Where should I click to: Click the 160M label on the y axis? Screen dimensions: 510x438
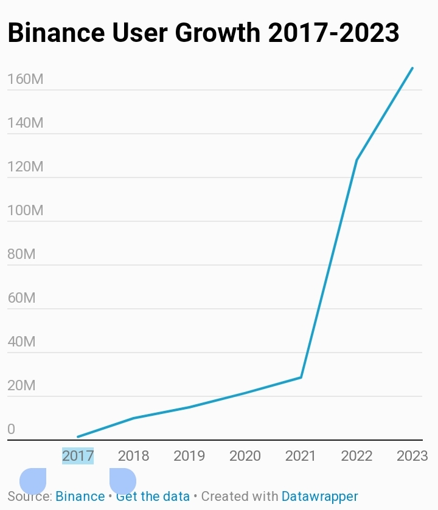25,79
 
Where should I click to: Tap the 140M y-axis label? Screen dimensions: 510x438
25,123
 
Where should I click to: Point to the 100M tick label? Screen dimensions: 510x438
25,210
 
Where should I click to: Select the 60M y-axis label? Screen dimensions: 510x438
21,298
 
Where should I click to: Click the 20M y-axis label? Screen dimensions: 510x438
21,385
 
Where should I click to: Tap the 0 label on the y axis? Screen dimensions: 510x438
11,429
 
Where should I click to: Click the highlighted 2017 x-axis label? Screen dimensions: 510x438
78,455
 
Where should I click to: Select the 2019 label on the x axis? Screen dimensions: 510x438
189,455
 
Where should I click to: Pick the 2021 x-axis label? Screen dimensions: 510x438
301,455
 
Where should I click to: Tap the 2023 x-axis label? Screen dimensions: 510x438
412,455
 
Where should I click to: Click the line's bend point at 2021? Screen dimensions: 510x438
301,377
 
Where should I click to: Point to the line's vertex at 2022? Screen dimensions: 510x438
356,160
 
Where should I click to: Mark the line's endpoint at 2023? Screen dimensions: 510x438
412,68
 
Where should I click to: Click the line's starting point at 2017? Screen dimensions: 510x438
78,436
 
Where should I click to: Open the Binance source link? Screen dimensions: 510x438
80,497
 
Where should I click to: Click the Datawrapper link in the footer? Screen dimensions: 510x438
319,497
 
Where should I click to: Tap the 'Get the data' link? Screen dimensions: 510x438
153,497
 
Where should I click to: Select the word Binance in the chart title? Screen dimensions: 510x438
55,33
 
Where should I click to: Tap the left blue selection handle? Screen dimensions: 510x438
33,481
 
